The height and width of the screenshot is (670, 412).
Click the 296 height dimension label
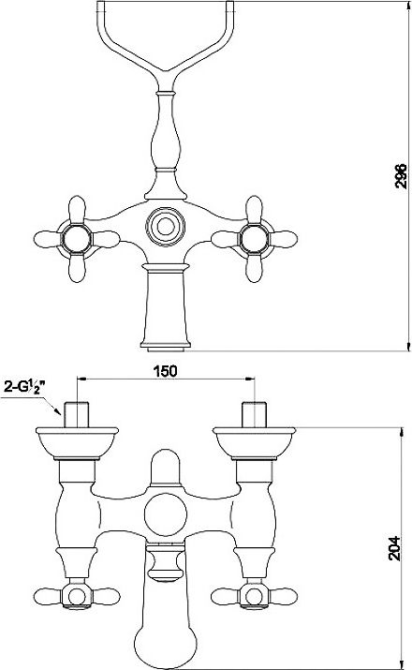pos(401,175)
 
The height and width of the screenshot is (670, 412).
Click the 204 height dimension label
pos(394,548)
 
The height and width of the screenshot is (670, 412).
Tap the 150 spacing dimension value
pos(165,371)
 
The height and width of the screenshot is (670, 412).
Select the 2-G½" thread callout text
pos(24,387)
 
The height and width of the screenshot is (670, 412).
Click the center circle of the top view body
pos(165,226)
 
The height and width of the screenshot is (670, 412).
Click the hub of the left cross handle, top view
pos(77,239)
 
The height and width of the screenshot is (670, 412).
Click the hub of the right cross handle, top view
pos(254,239)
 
